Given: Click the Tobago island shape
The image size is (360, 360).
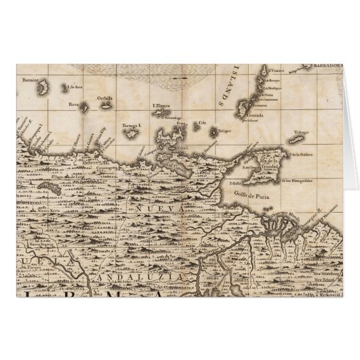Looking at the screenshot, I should (x=297, y=141).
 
